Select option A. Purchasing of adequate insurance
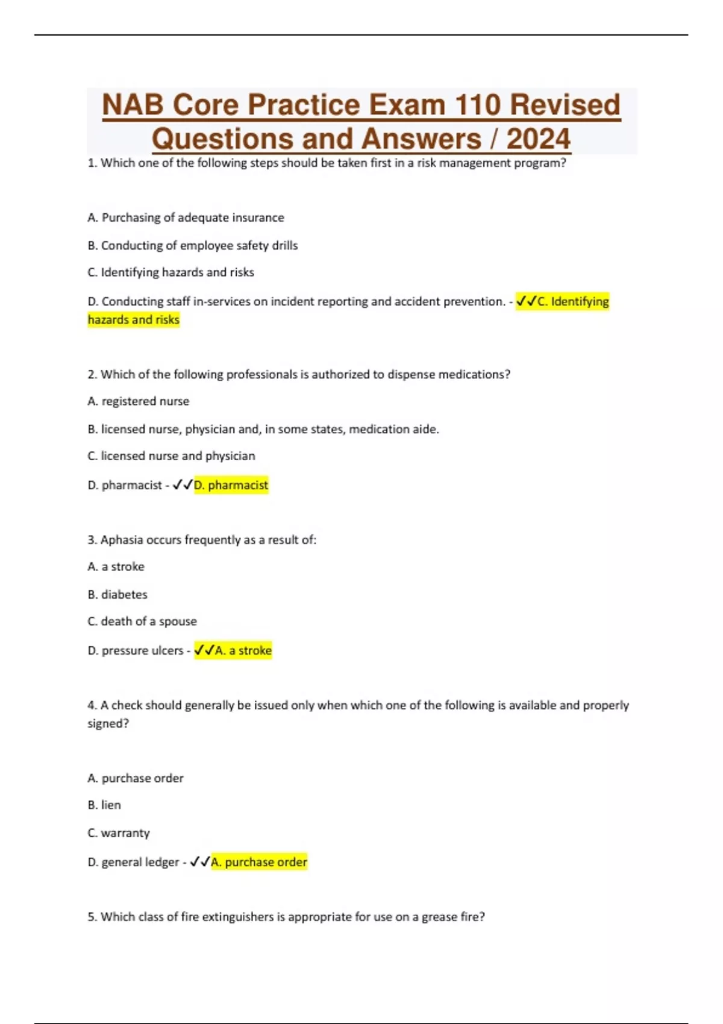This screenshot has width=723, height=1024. coord(186,217)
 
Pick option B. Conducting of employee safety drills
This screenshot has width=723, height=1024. coord(193,246)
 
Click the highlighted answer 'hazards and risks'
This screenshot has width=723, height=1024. coord(134,320)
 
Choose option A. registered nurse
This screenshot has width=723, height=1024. coord(139,401)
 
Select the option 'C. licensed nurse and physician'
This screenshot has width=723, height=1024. coord(171,456)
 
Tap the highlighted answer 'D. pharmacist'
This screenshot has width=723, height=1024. coord(231,485)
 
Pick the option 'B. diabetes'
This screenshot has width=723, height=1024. coord(117,595)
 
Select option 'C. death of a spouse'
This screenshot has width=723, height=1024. coord(142,622)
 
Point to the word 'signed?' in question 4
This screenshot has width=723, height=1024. coord(108,723)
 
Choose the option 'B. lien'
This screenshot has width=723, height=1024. coord(104,805)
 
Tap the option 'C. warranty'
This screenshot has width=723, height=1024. coord(119,833)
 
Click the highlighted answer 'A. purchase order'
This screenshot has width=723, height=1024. coord(259,862)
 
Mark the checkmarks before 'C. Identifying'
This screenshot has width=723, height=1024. coord(526,301)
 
